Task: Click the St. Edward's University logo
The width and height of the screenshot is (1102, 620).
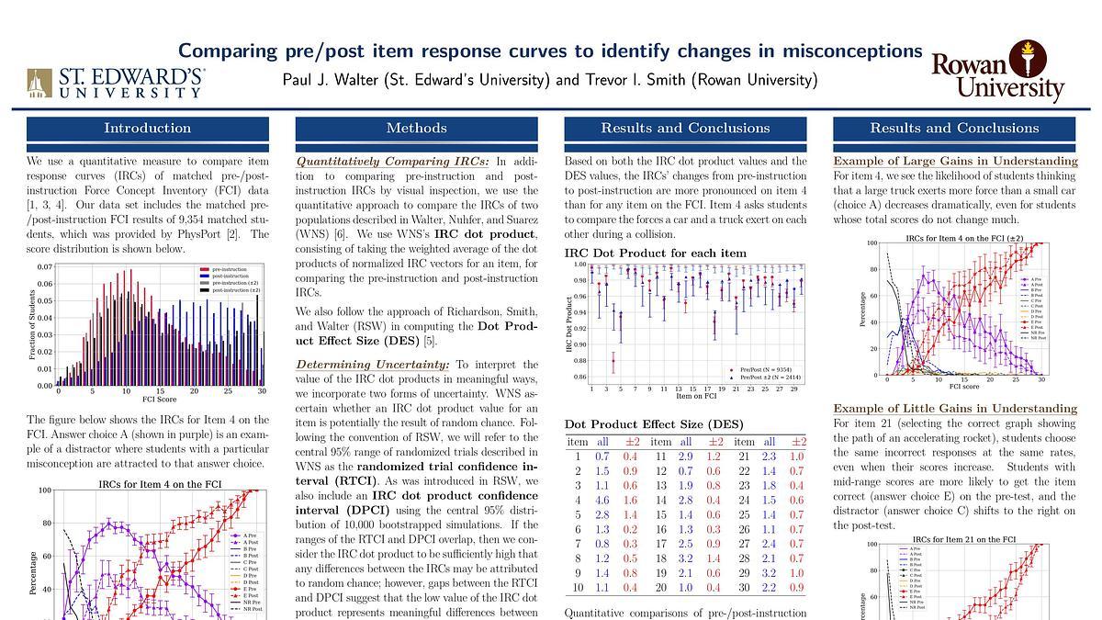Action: tap(115, 82)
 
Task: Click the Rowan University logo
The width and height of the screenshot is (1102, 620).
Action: tap(997, 71)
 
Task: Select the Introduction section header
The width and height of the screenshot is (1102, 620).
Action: tap(147, 128)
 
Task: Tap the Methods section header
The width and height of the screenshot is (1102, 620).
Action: tap(416, 128)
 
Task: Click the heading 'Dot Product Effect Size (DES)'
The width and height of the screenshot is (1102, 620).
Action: tap(654, 424)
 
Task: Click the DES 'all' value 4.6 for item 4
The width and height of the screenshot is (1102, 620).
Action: tap(602, 500)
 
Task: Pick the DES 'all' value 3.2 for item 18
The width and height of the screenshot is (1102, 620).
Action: tap(686, 558)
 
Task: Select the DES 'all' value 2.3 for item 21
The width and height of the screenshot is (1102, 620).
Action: tap(770, 456)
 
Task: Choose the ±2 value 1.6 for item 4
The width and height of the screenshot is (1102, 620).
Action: tap(630, 500)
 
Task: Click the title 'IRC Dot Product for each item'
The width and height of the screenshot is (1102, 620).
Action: tap(655, 253)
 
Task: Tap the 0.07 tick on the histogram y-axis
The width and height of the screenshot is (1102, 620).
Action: tap(45, 267)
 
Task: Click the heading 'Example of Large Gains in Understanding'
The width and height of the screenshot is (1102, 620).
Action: tap(942, 160)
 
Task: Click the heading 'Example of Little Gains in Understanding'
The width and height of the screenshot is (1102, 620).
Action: tap(942, 408)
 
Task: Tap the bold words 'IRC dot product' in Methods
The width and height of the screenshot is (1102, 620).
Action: tap(485, 234)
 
